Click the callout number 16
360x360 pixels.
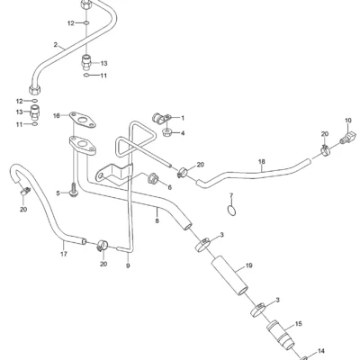pos(57,115)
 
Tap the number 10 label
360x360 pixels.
pos(348,121)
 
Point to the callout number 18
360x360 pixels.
pos(262,162)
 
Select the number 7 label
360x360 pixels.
pos(231,196)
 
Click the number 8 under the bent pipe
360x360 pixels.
pos(157,221)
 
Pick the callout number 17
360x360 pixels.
pos(64,254)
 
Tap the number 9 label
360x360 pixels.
pos(128,265)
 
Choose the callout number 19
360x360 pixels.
pos(249,265)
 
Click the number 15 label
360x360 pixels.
pos(299,324)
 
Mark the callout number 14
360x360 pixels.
pos(321,351)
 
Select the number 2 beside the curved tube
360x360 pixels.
pos(56,45)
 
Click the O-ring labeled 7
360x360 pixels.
pos(231,211)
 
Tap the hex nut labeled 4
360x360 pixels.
pos(167,132)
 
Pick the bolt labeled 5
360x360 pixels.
pos(73,189)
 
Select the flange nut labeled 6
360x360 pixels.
pos(153,178)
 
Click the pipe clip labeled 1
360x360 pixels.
pos(160,118)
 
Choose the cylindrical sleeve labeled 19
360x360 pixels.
pos(229,275)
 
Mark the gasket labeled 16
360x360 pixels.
pos(82,121)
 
